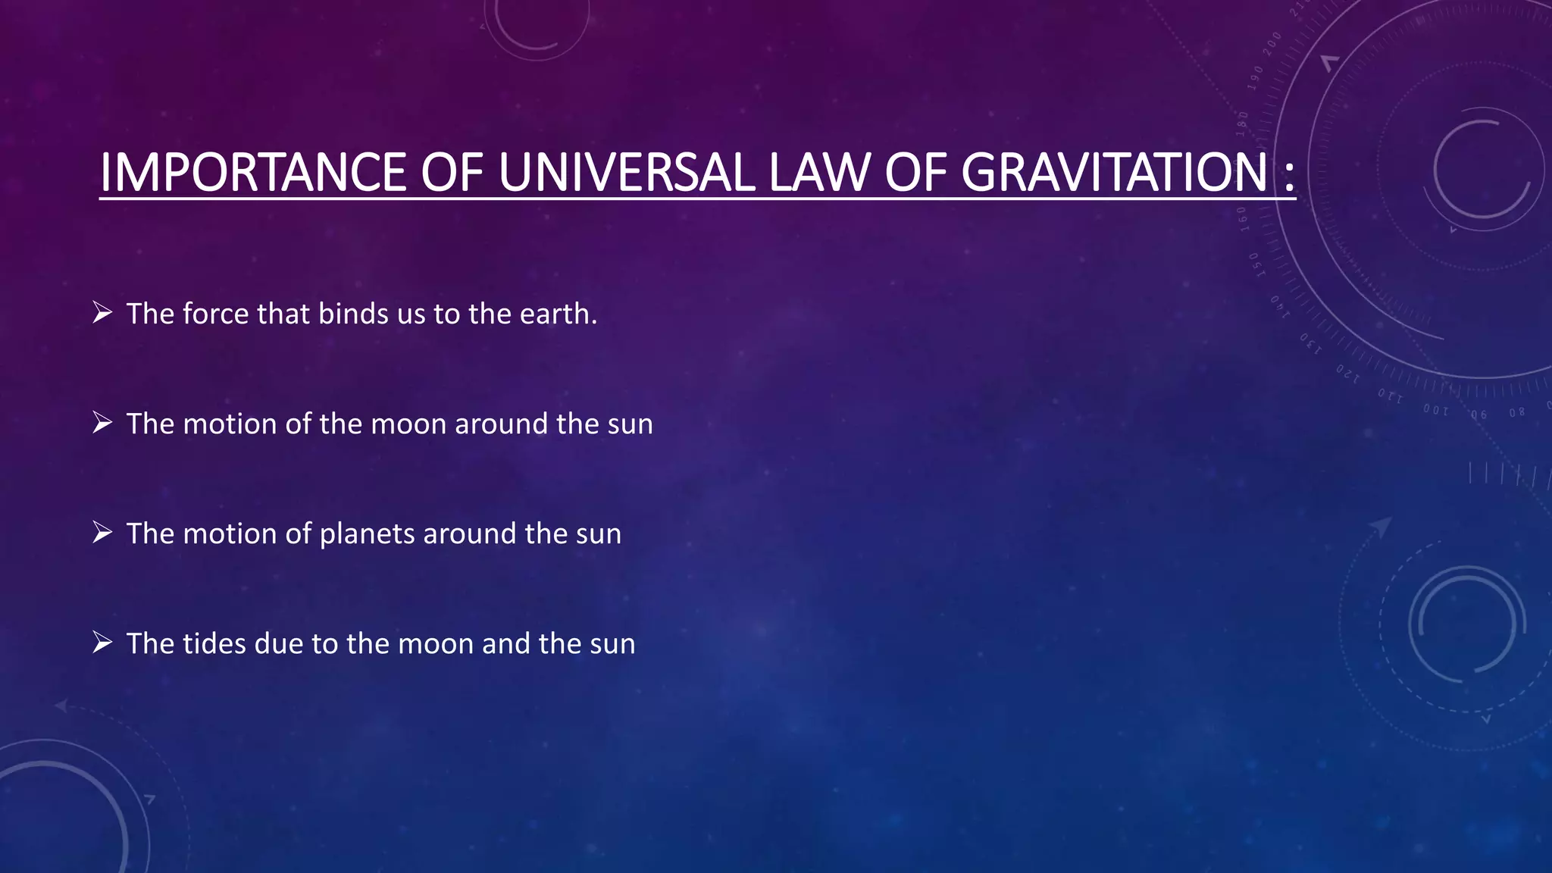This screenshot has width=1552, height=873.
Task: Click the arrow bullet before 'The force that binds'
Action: (102, 312)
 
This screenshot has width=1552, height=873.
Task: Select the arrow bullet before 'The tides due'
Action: (102, 643)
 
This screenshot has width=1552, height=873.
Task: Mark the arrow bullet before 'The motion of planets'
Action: (102, 533)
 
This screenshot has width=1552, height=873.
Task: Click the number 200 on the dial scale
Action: (1272, 43)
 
